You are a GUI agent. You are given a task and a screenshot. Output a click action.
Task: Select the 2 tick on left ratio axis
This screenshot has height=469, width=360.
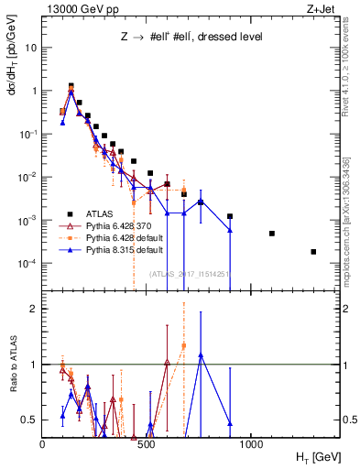35,309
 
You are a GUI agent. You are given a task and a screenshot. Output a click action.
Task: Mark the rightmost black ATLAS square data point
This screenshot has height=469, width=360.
313,252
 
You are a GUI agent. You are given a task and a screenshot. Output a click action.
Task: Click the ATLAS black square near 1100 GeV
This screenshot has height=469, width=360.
272,234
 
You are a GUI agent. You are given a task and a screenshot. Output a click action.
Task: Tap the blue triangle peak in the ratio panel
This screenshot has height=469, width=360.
201,354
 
